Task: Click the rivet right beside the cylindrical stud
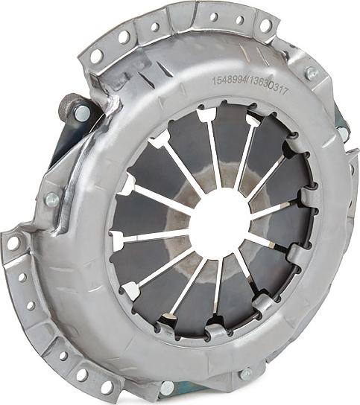click(x=81, y=113)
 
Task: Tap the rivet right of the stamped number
click(x=312, y=73)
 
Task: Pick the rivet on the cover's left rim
click(x=51, y=200)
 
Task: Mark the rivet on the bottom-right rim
click(x=245, y=373)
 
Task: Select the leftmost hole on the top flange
click(x=96, y=55)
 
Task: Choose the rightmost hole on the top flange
click(x=266, y=26)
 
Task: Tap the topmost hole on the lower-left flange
click(x=13, y=243)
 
